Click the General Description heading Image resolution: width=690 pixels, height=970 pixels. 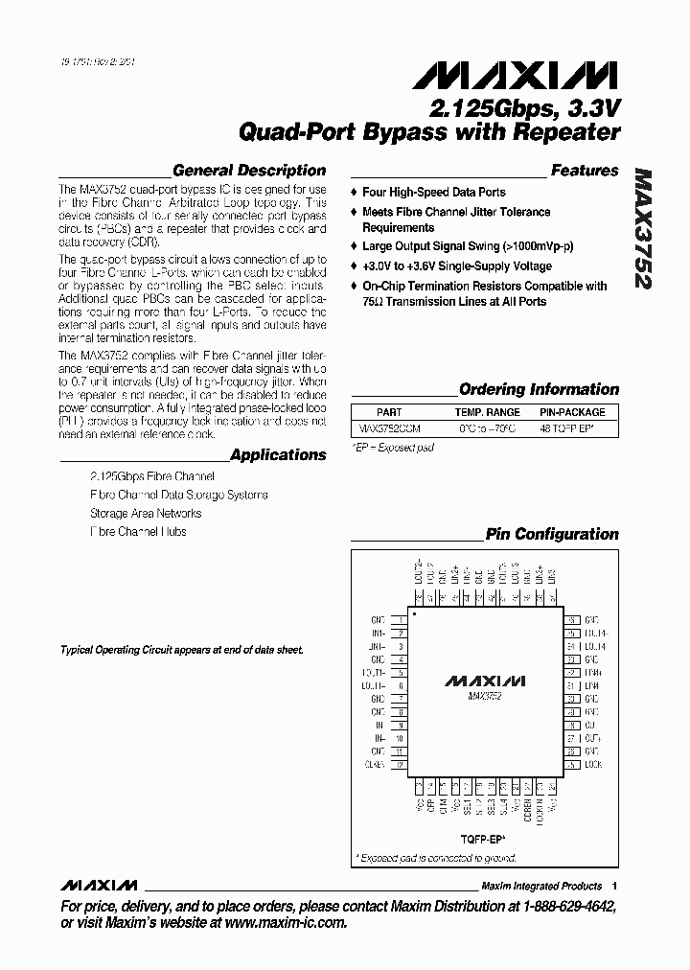(x=249, y=171)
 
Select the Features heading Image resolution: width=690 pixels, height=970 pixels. (x=585, y=171)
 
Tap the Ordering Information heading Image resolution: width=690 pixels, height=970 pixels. (x=539, y=389)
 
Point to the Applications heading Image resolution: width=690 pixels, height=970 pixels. (x=278, y=454)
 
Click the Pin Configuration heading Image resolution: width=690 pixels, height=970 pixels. (x=552, y=534)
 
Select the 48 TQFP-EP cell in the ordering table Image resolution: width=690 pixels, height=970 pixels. (x=572, y=429)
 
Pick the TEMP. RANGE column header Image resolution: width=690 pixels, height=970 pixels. (x=489, y=412)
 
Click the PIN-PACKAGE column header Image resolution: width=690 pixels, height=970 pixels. (x=572, y=412)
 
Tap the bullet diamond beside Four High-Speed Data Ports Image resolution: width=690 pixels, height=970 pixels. (x=354, y=193)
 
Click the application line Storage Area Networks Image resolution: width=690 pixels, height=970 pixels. (x=146, y=513)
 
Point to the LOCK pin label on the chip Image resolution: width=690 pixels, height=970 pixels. (x=592, y=765)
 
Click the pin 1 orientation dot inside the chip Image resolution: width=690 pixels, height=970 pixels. (x=414, y=612)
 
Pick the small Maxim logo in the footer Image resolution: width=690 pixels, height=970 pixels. (x=99, y=885)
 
